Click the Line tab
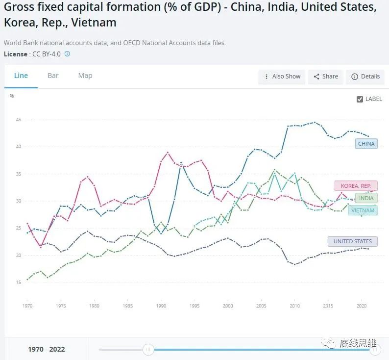21,76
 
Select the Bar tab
53,76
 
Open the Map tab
85,76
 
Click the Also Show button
282,77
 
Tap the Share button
326,77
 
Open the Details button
365,77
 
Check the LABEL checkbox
360,99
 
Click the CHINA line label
366,144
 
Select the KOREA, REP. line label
356,186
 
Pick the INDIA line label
366,198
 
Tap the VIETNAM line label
363,210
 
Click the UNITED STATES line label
353,241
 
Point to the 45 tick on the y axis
19,120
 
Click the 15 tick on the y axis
19,283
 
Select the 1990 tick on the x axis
161,306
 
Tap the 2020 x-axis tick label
361,306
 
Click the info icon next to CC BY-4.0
67,54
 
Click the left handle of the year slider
148,349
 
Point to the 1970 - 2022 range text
47,349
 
